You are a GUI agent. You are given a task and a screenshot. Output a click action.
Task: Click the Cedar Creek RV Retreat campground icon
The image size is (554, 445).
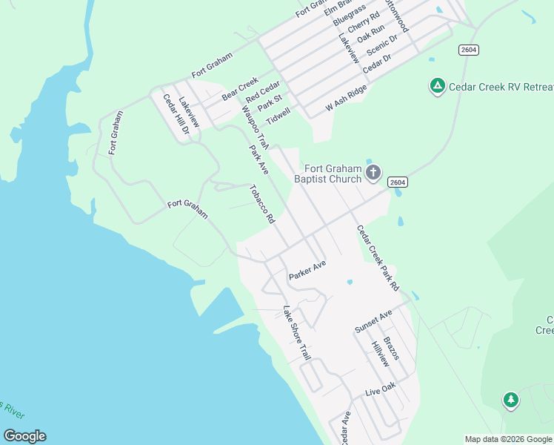[438, 87]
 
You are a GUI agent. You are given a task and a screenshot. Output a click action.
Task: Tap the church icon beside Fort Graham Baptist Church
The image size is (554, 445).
[373, 174]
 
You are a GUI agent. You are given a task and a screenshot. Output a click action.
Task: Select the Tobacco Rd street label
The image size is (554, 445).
[262, 204]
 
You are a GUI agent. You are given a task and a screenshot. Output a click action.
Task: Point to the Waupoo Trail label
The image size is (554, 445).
[253, 127]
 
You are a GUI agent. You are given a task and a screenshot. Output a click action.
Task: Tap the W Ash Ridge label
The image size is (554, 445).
[347, 99]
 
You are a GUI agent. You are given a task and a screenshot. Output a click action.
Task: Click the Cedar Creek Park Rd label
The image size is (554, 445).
[378, 258]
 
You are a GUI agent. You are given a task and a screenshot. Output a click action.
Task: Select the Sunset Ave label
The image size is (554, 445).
[373, 322]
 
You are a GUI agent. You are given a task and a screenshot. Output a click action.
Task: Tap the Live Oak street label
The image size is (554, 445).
[381, 389]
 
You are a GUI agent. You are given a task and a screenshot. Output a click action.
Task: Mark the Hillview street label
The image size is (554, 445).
[380, 355]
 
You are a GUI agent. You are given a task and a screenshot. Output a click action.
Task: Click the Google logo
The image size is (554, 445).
[24, 436]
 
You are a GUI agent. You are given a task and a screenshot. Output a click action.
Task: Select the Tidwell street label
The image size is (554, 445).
[278, 116]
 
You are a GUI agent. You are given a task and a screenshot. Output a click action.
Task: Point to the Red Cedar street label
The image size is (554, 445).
[263, 92]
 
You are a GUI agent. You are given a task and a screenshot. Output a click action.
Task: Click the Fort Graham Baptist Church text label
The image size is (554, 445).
[327, 174]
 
